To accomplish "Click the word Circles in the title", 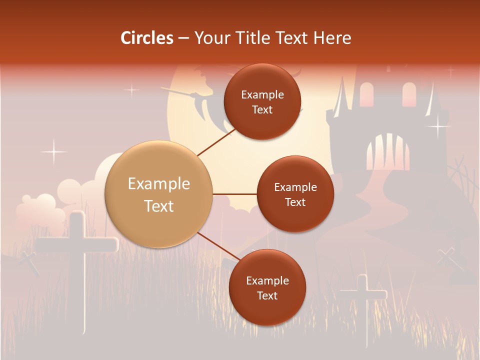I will pos(147,38).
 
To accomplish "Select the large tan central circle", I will pos(159,194).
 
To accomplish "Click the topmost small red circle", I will pos(262,102).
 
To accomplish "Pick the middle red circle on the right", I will pos(295,194).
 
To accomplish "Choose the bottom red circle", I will pos(267,287).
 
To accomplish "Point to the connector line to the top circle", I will pos(216,141).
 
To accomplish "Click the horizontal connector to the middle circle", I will pos(234,194).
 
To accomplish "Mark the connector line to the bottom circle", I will pos(217,246).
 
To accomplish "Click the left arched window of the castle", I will pos(366,95).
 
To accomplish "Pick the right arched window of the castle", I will pos(409,94).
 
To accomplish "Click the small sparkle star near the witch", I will pos(131,90).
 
